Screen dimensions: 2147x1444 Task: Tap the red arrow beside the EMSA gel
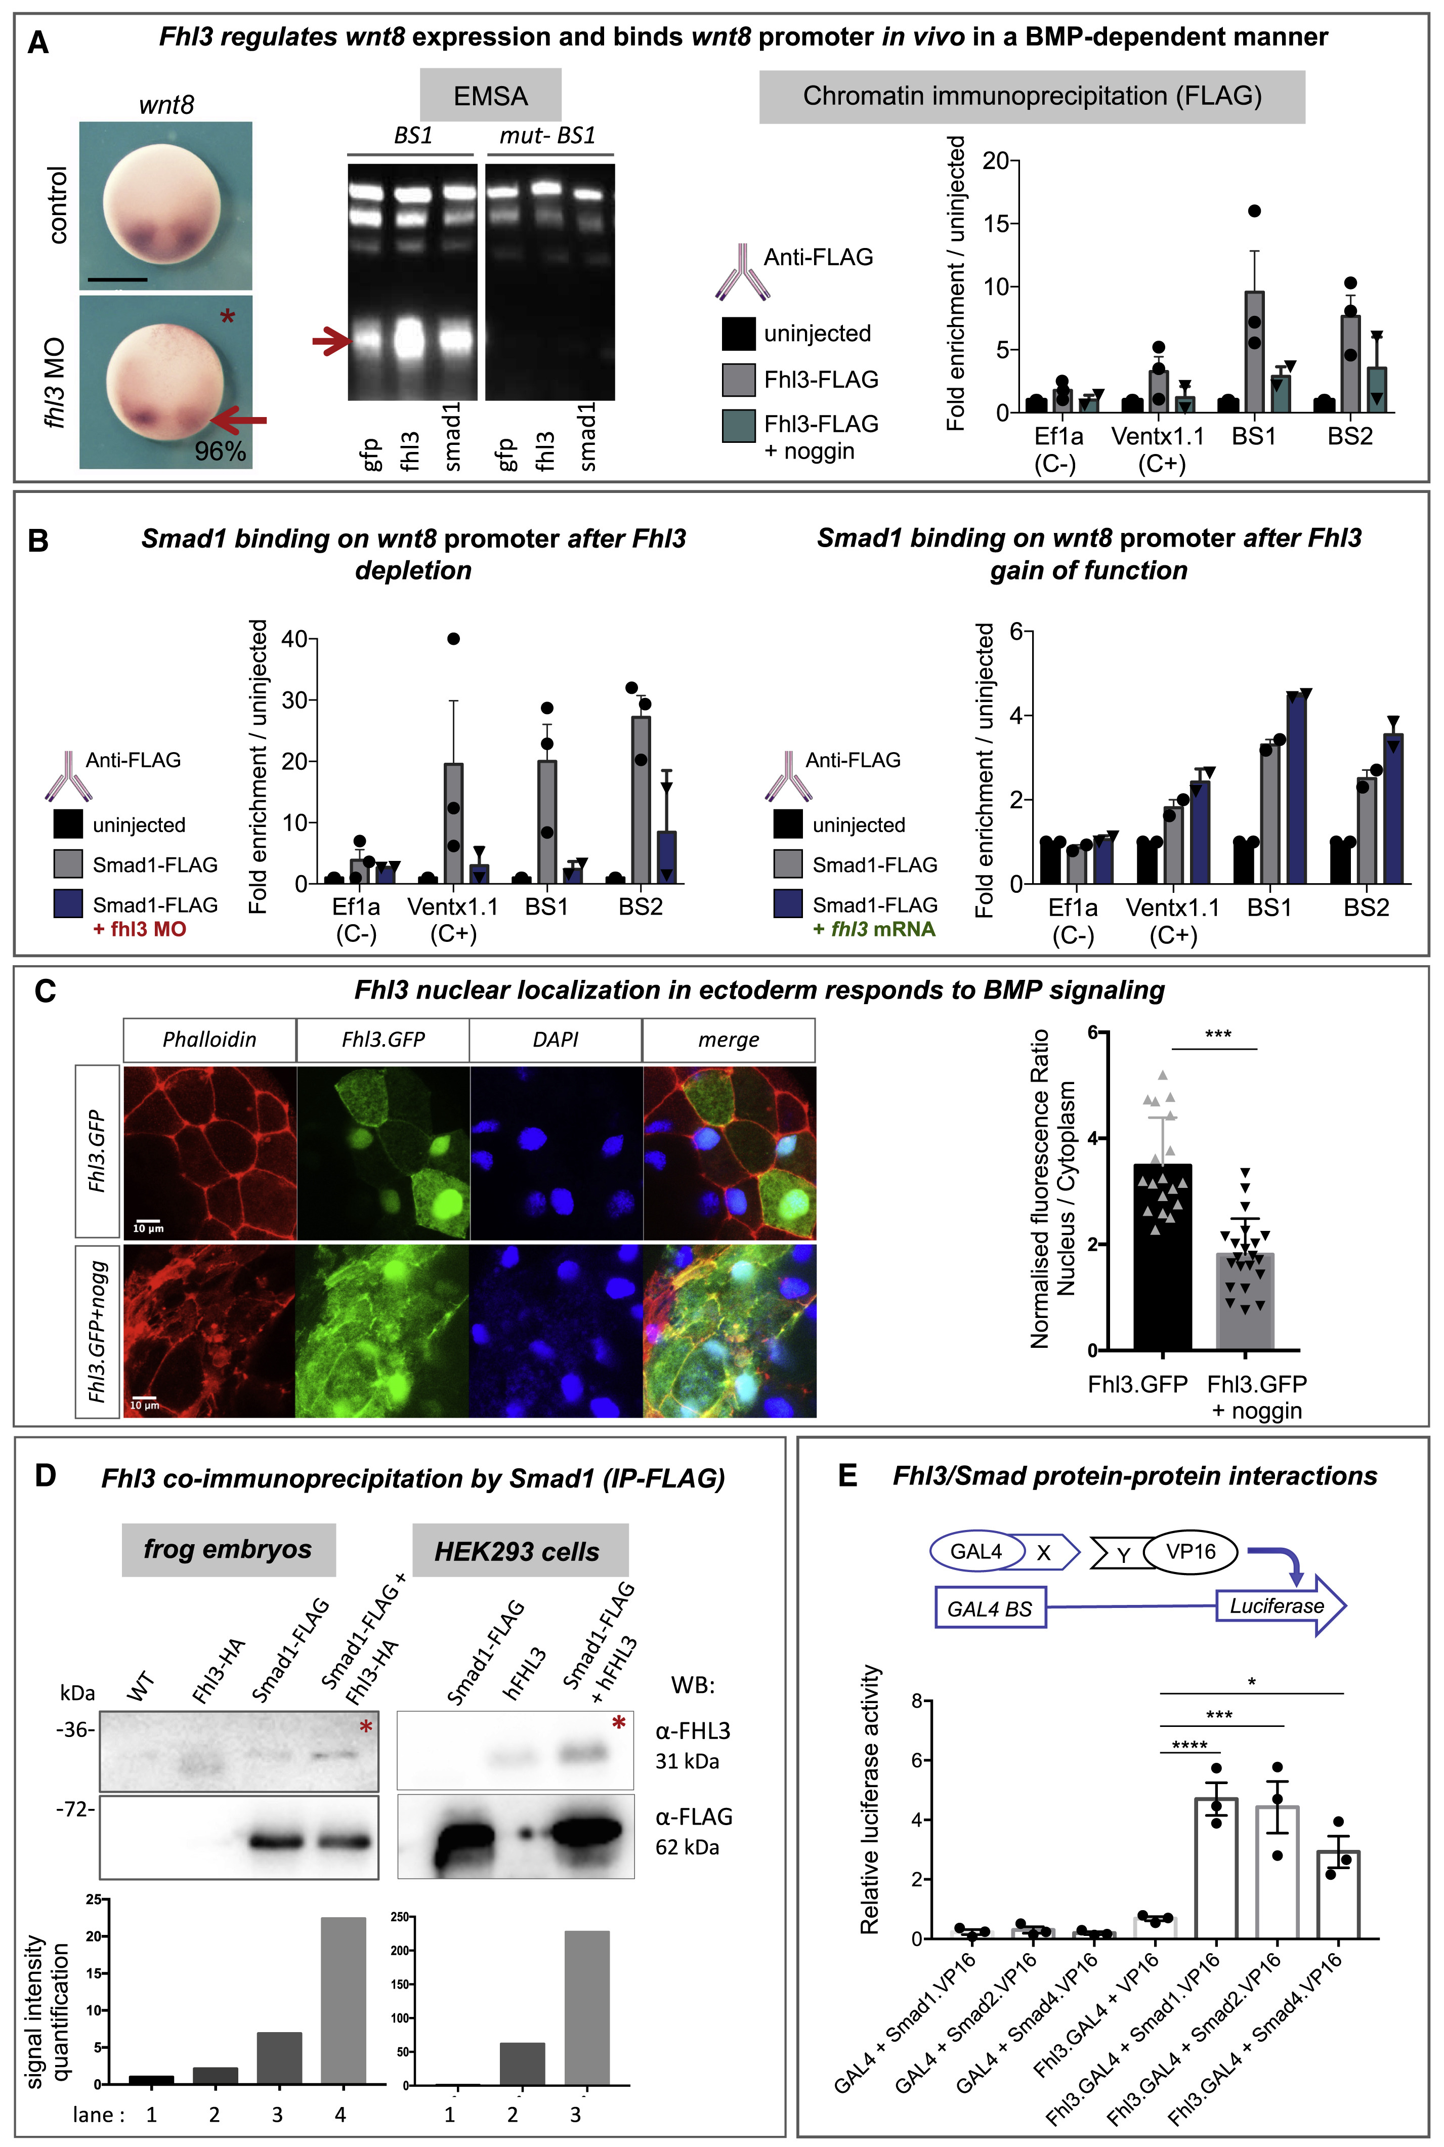tap(331, 343)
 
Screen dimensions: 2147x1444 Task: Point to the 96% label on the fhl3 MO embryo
tap(220, 451)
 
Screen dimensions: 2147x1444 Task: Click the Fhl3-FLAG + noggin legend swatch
tap(739, 426)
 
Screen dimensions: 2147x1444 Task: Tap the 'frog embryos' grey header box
tap(228, 1549)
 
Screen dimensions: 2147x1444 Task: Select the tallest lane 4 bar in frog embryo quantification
tap(343, 2001)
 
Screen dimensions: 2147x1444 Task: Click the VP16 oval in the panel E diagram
tap(1190, 1552)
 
